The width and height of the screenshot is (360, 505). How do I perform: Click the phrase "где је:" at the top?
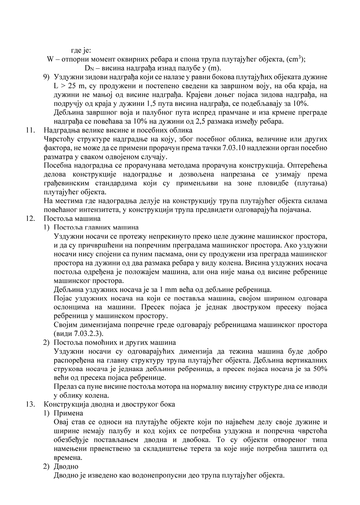point(81,50)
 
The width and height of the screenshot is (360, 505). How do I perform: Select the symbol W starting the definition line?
point(51,59)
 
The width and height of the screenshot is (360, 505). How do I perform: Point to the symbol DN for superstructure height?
point(89,68)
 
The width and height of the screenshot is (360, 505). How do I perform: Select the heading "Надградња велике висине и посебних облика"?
point(118,130)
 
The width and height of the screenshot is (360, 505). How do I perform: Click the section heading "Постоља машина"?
point(72,219)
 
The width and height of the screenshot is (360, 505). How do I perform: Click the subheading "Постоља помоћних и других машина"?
point(115,343)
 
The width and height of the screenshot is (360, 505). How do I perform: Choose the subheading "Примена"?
point(68,413)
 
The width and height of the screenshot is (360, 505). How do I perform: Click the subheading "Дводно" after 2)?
point(66,467)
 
